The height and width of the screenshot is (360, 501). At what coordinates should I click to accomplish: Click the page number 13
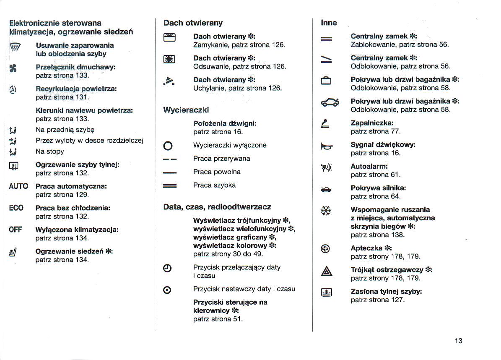[x=458, y=341]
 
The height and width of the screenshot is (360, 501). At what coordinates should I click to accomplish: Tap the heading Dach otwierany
[x=193, y=23]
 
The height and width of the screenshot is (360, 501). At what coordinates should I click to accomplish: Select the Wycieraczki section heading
[x=186, y=110]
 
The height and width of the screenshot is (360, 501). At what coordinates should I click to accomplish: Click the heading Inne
[x=329, y=23]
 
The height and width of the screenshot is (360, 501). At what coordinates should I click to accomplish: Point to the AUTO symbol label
[x=18, y=186]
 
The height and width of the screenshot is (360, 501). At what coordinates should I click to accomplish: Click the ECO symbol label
[x=16, y=208]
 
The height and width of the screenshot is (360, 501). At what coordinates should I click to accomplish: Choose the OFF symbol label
[x=16, y=230]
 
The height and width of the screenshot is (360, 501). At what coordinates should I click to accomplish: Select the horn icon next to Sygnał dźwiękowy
[x=326, y=146]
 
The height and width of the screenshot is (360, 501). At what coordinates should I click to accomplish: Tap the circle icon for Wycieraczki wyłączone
[x=168, y=146]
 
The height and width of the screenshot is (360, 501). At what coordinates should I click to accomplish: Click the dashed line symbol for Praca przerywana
[x=170, y=159]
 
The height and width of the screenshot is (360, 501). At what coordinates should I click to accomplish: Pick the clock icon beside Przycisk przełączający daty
[x=167, y=269]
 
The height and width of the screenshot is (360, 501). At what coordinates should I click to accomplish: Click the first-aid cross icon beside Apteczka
[x=326, y=249]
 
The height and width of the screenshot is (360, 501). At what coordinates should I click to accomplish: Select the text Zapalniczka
[x=372, y=123]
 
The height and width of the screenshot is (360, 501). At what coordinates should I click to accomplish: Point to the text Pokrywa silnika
[x=378, y=188]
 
